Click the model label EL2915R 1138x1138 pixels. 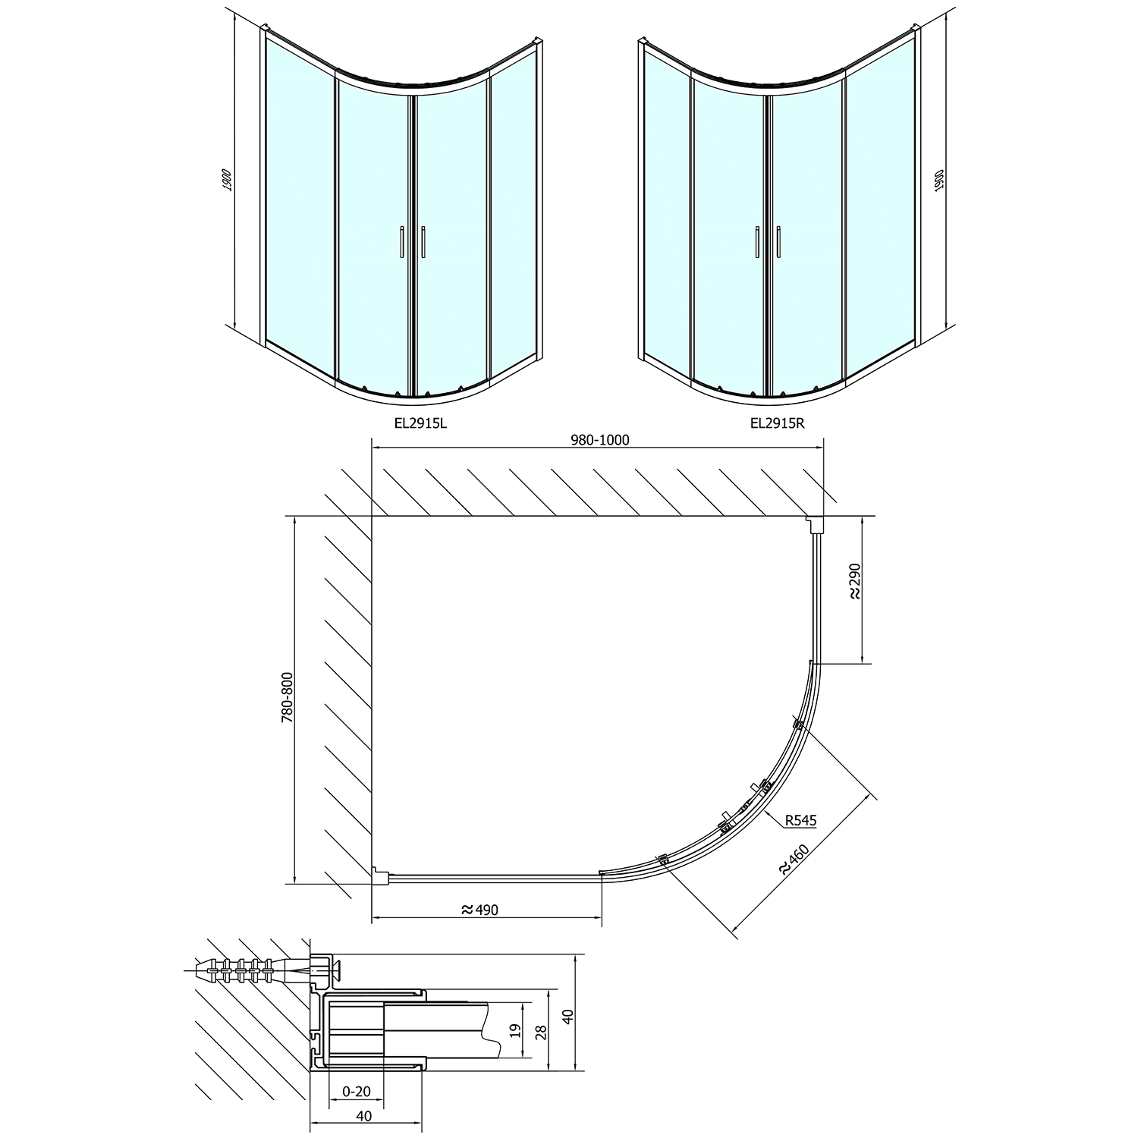click(x=776, y=423)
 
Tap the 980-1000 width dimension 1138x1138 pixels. click(x=601, y=440)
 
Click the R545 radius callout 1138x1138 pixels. click(x=800, y=819)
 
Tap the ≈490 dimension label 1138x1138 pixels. click(x=479, y=909)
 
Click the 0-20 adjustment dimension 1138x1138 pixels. click(x=357, y=1092)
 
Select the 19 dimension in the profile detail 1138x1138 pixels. click(x=514, y=1030)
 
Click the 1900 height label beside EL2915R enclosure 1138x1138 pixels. click(x=939, y=182)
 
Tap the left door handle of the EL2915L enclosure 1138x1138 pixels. click(x=402, y=244)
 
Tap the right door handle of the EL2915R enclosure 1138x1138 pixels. click(x=778, y=244)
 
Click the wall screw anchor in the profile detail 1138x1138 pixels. click(x=258, y=970)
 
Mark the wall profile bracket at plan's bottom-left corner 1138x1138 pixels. click(x=379, y=876)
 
